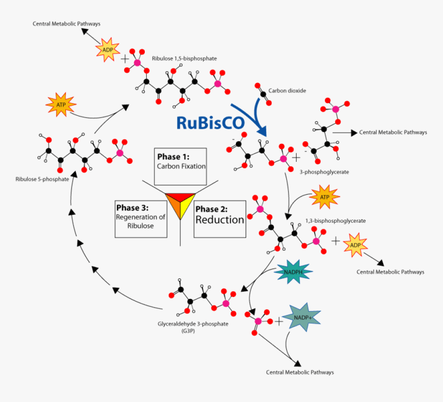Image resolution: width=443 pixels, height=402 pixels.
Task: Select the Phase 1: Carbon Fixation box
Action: click(181, 166)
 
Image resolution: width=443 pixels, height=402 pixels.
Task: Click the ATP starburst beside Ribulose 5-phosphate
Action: click(60, 105)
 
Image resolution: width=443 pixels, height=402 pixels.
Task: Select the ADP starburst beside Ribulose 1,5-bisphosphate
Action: click(108, 49)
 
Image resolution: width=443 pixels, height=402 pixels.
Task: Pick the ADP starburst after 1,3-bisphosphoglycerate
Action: click(355, 245)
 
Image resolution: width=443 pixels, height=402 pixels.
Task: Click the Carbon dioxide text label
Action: click(287, 91)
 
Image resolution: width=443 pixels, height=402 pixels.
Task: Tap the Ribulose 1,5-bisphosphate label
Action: click(184, 59)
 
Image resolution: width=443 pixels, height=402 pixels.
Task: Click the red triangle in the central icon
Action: click(181, 196)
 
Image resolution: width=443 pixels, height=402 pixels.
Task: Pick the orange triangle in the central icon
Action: click(174, 206)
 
